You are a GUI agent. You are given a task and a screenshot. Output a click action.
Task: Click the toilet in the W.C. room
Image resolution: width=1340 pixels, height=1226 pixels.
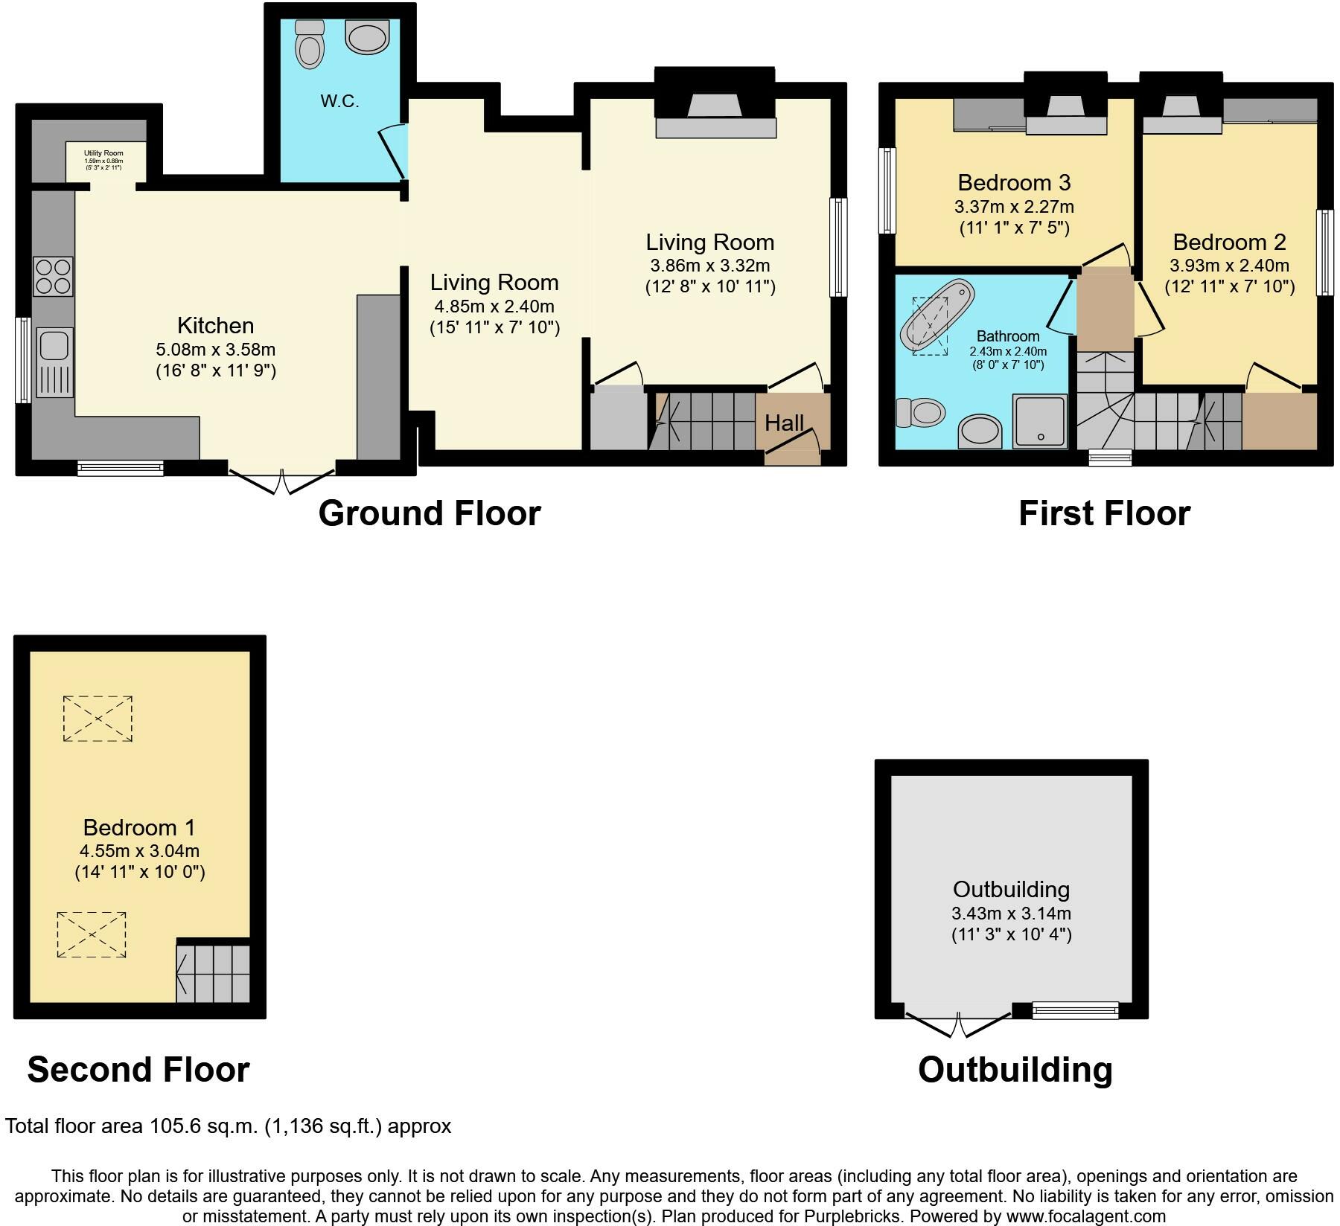coord(309,45)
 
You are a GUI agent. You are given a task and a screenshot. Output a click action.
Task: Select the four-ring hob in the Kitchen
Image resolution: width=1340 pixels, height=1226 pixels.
coord(53,276)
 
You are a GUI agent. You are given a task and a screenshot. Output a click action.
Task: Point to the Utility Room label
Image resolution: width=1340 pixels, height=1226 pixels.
coord(103,153)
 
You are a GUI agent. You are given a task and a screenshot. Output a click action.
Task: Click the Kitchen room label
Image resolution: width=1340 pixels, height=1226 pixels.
coord(215,325)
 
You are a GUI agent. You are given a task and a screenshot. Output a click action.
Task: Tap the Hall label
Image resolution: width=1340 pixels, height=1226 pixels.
coord(784,423)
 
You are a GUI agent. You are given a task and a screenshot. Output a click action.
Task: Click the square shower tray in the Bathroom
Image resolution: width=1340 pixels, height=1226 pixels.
coord(1039,420)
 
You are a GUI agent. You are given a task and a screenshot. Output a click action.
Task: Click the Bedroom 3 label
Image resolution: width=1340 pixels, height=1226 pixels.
coord(1014,182)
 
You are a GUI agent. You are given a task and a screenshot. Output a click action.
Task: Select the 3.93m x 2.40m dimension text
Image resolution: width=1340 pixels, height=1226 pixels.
coord(1229,266)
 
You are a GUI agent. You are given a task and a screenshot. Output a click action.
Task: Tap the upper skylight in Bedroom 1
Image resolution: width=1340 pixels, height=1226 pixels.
coord(98,719)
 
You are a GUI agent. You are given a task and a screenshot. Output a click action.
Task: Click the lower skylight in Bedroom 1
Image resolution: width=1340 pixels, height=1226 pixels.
coord(92,934)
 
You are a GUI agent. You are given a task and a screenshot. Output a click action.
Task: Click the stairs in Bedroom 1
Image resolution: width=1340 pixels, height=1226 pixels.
coord(214,973)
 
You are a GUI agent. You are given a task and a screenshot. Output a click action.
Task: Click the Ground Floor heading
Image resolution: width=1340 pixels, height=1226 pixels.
coord(429,513)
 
